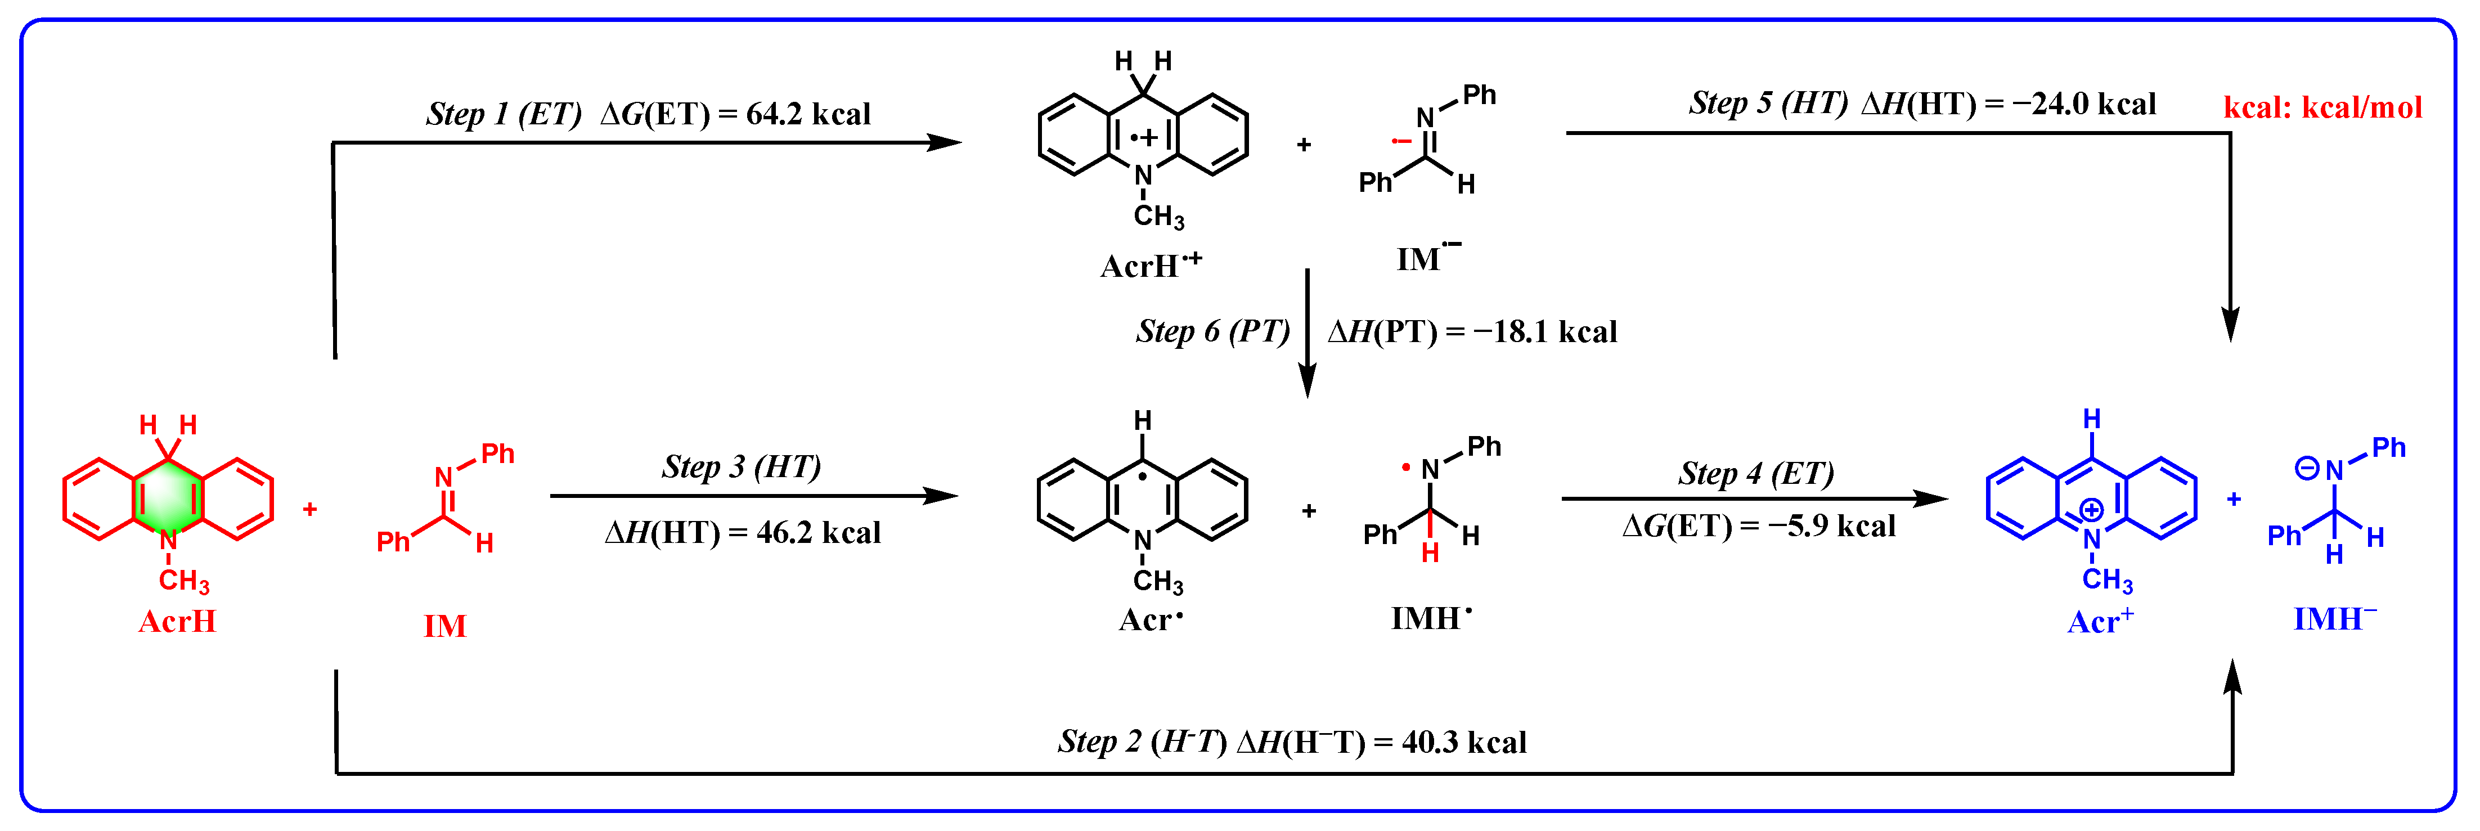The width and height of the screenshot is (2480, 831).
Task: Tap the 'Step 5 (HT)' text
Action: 1768,103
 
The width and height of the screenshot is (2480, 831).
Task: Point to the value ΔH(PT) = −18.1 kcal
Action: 1472,332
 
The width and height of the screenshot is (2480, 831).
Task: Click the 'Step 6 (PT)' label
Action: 1212,331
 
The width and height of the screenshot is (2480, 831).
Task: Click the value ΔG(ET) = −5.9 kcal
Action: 1758,527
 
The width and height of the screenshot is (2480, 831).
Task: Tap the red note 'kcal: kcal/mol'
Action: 2322,107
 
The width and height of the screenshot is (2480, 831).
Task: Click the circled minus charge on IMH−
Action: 2307,469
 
